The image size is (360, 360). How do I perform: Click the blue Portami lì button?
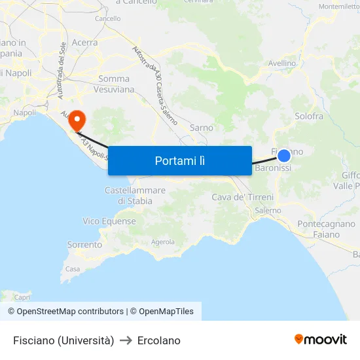pyautogui.click(x=180, y=160)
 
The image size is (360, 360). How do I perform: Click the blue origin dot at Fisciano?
pyautogui.click(x=284, y=155)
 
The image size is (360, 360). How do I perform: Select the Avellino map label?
pyautogui.click(x=282, y=63)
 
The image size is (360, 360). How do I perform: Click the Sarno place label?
pyautogui.click(x=201, y=128)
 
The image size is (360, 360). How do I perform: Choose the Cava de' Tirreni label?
pyautogui.click(x=242, y=197)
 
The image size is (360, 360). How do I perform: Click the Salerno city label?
pyautogui.click(x=268, y=211)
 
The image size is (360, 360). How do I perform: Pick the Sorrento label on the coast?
pyautogui.click(x=84, y=245)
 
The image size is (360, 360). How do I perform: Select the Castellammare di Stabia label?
pyautogui.click(x=135, y=195)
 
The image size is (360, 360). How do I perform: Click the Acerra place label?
pyautogui.click(x=84, y=43)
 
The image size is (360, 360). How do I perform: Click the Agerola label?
pyautogui.click(x=163, y=242)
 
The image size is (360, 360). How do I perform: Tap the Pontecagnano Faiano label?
pyautogui.click(x=326, y=229)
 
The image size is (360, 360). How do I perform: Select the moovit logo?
pyautogui.click(x=321, y=339)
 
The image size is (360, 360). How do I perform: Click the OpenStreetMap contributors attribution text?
pyautogui.click(x=65, y=312)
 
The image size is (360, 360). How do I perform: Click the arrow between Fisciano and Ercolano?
pyautogui.click(x=126, y=340)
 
